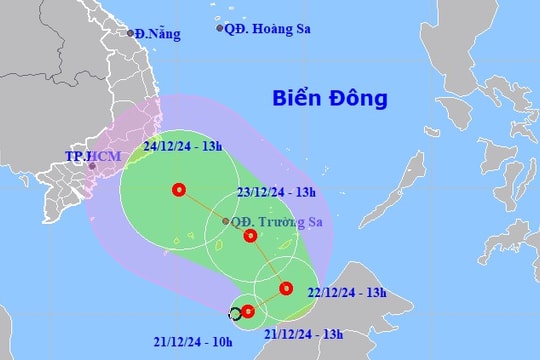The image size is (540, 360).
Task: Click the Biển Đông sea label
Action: pyautogui.click(x=330, y=100)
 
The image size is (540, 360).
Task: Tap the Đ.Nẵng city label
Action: pyautogui.click(x=159, y=34)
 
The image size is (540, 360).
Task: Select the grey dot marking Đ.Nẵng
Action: pyautogui.click(x=130, y=33)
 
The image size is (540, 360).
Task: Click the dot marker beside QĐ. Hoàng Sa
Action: pyautogui.click(x=220, y=28)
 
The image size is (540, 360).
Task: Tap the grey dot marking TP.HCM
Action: pyautogui.click(x=92, y=167)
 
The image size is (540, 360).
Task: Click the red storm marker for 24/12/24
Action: pyautogui.click(x=179, y=189)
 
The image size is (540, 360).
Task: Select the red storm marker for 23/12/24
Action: pyautogui.click(x=251, y=237)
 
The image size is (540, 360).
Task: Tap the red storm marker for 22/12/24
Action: pyautogui.click(x=286, y=289)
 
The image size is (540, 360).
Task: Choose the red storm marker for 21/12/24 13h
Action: pyautogui.click(x=248, y=311)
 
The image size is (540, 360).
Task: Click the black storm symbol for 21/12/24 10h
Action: pyautogui.click(x=235, y=314)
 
